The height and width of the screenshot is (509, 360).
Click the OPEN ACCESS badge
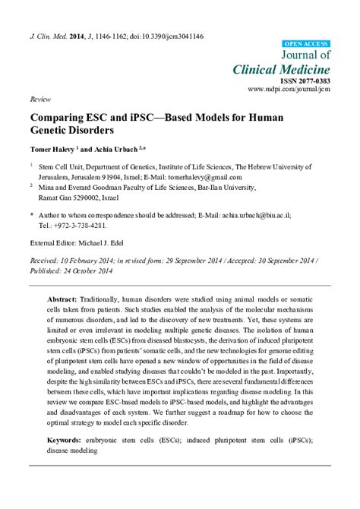tap(306, 45)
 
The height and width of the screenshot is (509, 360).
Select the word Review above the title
tap(39, 100)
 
